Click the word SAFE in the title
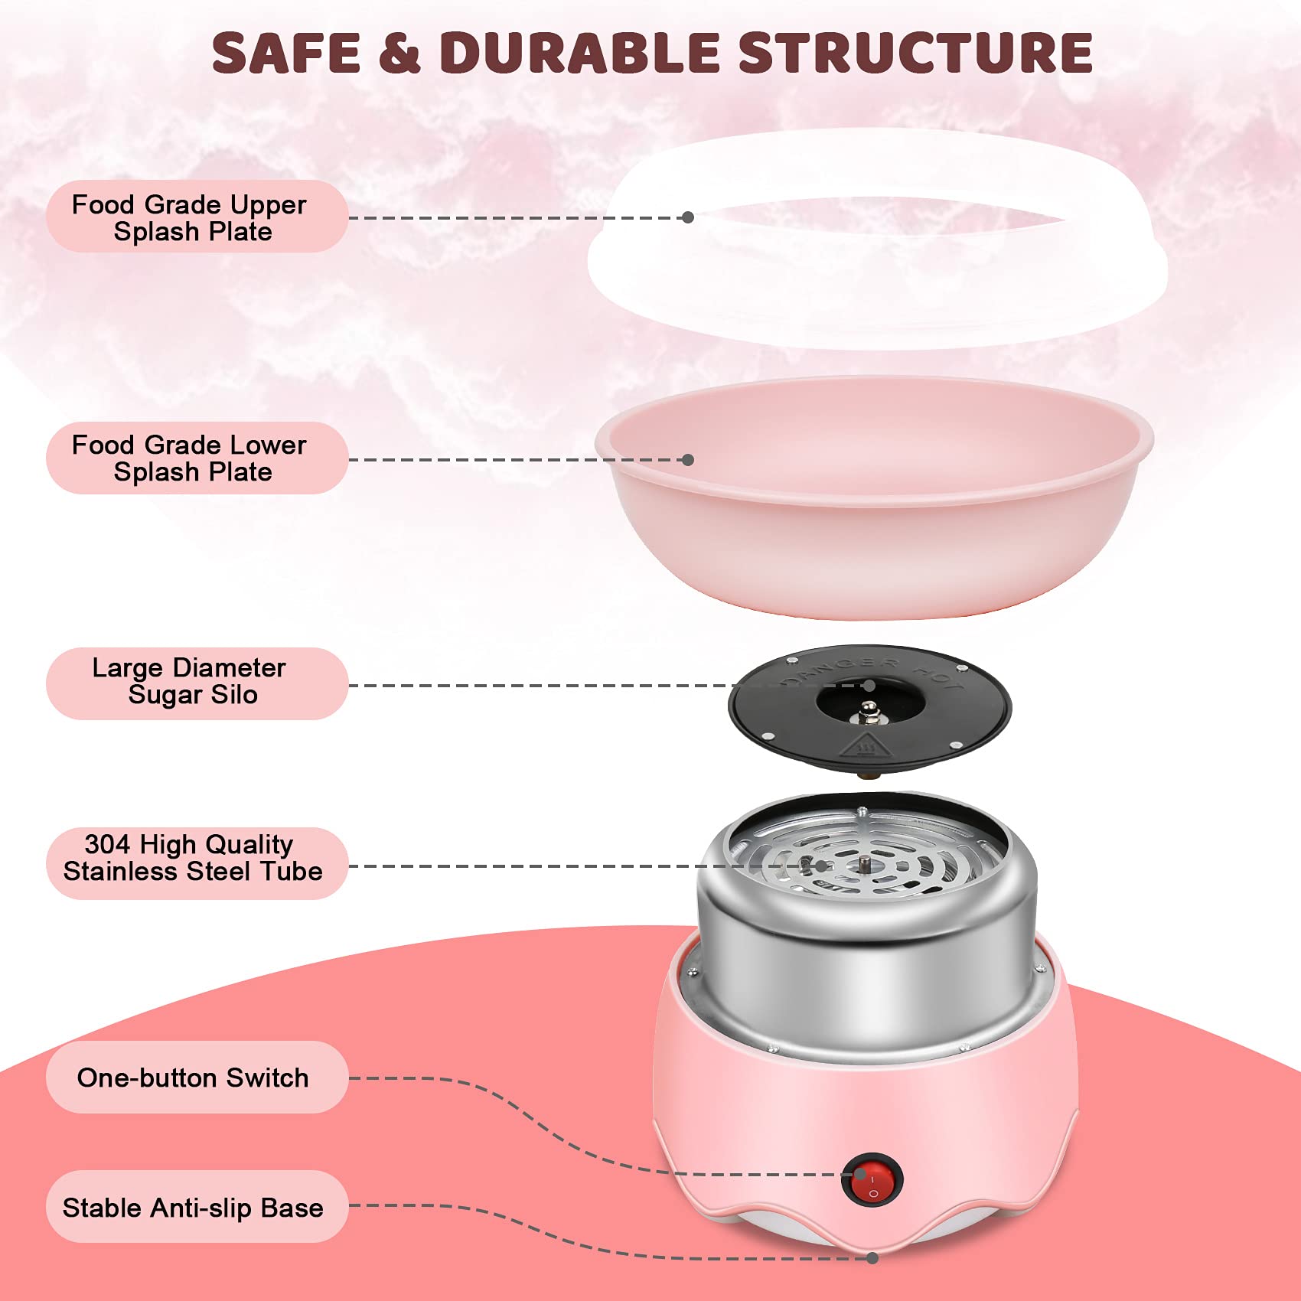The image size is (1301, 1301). [x=286, y=53]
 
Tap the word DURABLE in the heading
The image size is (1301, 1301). [x=579, y=53]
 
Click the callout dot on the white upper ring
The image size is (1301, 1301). [x=688, y=217]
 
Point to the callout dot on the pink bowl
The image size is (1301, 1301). [x=688, y=460]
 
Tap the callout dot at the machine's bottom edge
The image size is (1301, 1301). [x=872, y=1258]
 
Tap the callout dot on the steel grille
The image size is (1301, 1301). [x=820, y=866]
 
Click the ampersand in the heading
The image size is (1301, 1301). [x=399, y=54]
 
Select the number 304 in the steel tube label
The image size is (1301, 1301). [x=107, y=844]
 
